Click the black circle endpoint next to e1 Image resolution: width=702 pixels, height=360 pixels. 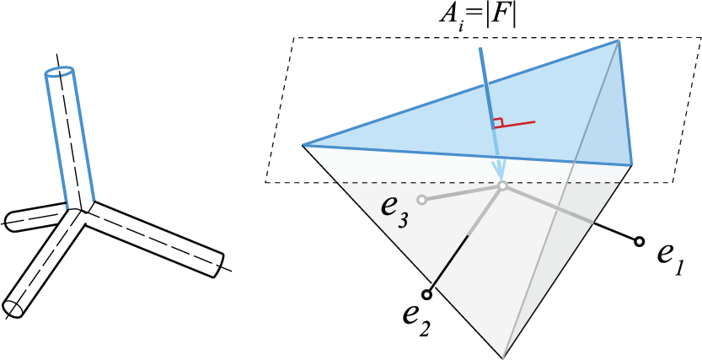tap(639, 242)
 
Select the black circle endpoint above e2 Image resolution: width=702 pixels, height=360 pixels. tap(426, 294)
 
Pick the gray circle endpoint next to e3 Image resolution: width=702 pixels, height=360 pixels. tap(421, 200)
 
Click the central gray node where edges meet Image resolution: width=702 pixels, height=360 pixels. tap(503, 185)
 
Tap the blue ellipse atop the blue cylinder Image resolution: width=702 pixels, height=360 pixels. tap(59, 72)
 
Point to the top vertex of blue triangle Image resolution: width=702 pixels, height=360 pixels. tap(619, 40)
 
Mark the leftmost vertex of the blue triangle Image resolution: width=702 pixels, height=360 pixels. tap(303, 145)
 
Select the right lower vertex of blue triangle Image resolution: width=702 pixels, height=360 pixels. tap(632, 164)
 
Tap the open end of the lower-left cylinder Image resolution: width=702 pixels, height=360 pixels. tap(13, 309)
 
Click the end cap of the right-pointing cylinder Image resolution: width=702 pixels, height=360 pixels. tap(217, 265)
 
